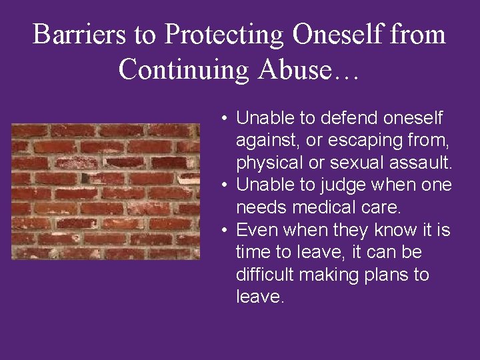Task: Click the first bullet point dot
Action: coord(227,119)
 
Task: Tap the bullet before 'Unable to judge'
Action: coord(227,185)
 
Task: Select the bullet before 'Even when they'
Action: coord(227,231)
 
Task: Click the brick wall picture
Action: coord(105,191)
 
